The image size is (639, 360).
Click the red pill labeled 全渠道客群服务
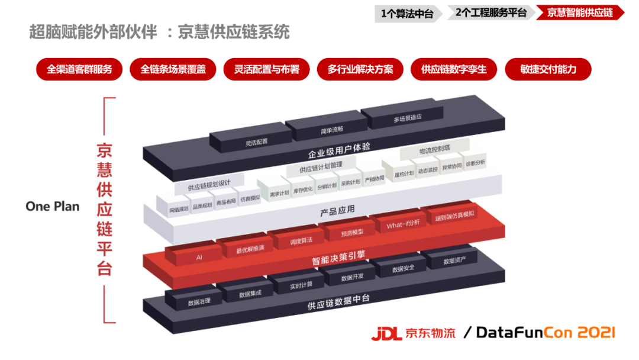click(79, 69)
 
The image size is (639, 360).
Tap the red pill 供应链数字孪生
click(454, 69)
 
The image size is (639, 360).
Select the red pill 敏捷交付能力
click(548, 69)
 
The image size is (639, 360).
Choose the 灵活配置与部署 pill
click(266, 69)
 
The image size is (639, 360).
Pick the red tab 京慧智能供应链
click(580, 12)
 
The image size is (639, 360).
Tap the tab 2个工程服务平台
click(491, 12)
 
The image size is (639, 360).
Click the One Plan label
click(52, 206)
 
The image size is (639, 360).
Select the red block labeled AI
click(199, 258)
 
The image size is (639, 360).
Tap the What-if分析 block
click(403, 224)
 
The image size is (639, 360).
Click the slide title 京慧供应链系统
click(234, 31)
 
